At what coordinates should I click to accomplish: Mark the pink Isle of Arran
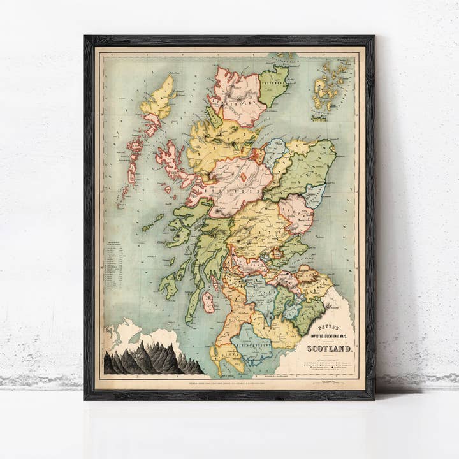[208, 302]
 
